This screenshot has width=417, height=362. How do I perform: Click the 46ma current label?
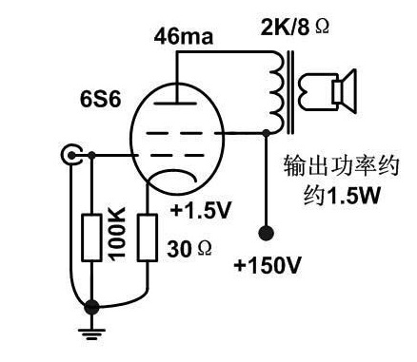pos(184,36)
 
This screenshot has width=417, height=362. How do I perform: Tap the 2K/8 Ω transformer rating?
pos(295,27)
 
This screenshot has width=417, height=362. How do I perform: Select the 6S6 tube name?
pos(100,99)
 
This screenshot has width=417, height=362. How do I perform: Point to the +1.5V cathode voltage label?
pos(201,210)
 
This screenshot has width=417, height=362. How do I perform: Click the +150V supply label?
pos(268,265)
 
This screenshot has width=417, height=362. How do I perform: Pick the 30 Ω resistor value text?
pos(189,249)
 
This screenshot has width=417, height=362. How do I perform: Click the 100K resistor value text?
pos(117,234)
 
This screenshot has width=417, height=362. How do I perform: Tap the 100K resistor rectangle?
pos(92,238)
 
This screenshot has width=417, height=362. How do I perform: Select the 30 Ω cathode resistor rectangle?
pos(148,238)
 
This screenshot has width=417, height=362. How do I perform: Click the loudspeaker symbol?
pos(344,91)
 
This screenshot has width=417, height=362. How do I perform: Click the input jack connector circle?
pos(71,155)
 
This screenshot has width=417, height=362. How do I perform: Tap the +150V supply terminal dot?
pos(266,233)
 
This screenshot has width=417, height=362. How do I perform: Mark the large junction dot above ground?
pos(92,307)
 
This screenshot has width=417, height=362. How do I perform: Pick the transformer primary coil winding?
pos(275,92)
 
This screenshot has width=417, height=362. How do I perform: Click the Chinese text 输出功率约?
pos(341,165)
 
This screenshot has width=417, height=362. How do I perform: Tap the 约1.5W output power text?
pos(342,194)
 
